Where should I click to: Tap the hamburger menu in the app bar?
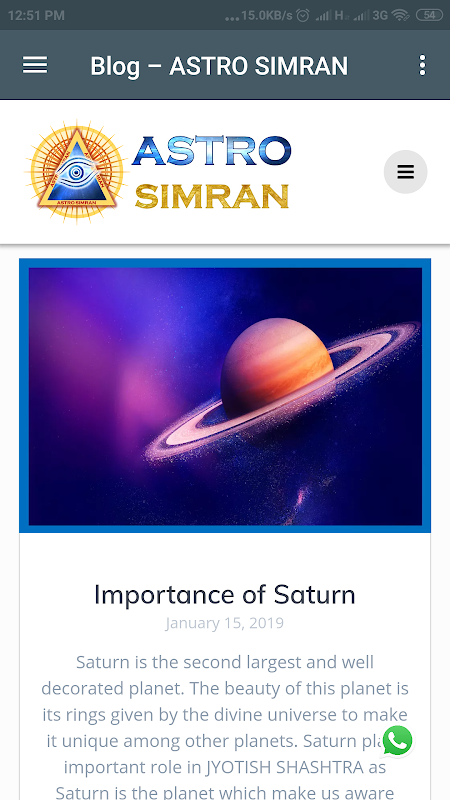coord(35,65)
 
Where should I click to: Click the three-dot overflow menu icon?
coord(422,65)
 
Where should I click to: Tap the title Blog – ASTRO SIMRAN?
coord(219,66)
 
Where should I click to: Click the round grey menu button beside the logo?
coord(406,172)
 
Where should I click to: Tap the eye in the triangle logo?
coord(75,172)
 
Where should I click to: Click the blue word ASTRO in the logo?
coord(211,151)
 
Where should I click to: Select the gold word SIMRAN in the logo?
coord(212,196)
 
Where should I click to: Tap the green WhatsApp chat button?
coord(397,740)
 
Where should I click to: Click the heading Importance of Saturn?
coord(224,595)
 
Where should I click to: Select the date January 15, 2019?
coord(224,623)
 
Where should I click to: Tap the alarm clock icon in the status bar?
coord(303,15)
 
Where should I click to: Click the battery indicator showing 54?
coord(429,15)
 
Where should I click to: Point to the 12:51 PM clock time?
coord(36,16)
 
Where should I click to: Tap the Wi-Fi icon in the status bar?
coord(401,15)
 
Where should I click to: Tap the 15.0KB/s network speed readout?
coord(266,15)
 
